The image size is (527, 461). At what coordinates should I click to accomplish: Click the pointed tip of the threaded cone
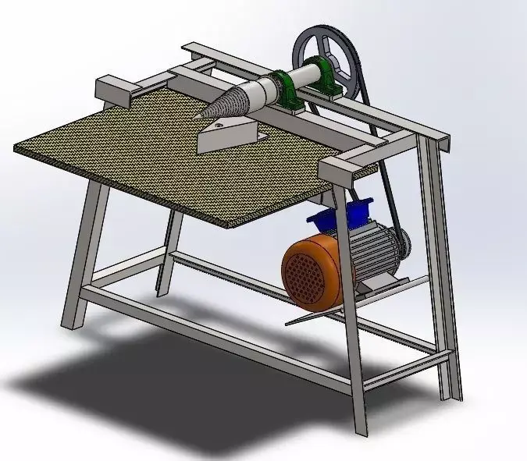pos(198,118)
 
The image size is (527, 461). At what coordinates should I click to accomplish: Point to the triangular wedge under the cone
pos(226,137)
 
